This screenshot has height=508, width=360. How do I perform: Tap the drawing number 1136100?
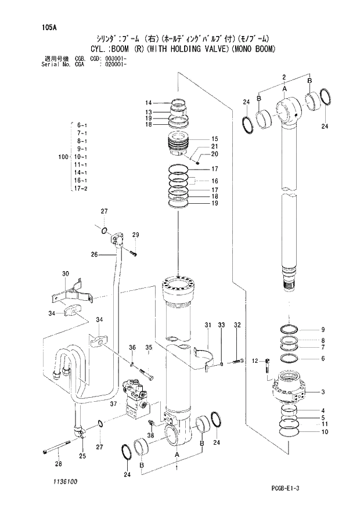click(57, 481)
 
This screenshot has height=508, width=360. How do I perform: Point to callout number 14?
click(148, 103)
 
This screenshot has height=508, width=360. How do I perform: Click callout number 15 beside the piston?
click(214, 139)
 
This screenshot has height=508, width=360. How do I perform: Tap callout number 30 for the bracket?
click(65, 273)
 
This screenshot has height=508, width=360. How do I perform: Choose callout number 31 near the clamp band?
click(207, 325)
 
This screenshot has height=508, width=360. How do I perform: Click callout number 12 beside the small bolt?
click(254, 361)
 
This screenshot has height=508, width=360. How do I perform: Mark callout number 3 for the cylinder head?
click(323, 392)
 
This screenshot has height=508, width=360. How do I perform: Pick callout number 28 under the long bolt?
click(58, 463)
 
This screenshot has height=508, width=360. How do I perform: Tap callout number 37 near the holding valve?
click(114, 404)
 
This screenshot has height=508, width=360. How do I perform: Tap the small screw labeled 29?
click(134, 252)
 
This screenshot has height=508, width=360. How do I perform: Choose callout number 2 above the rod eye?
click(283, 77)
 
